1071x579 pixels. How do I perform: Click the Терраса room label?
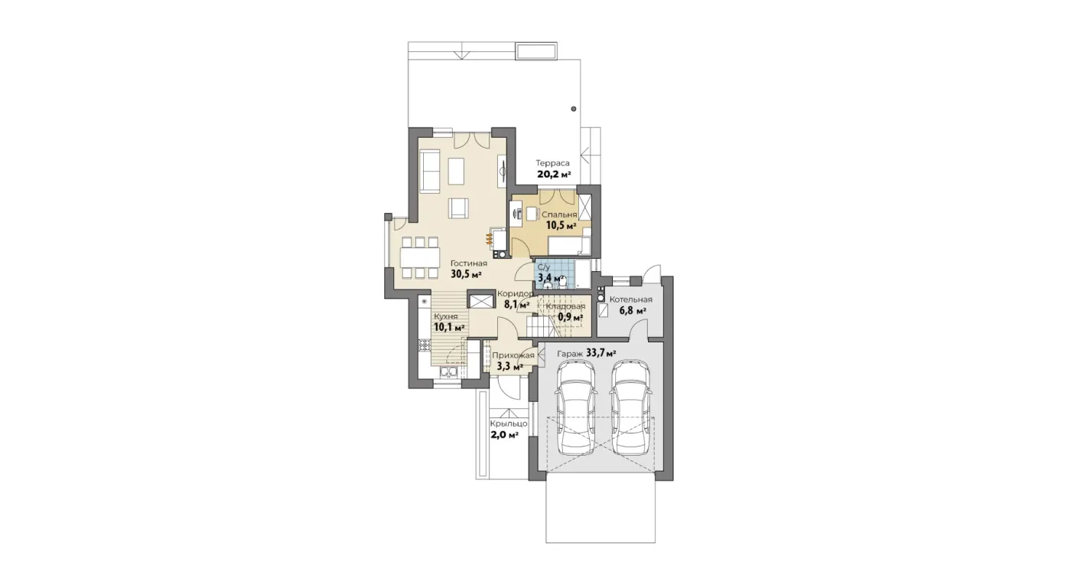click(552, 163)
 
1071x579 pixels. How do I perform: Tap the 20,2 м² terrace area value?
click(554, 174)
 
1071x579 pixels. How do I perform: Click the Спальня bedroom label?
click(559, 215)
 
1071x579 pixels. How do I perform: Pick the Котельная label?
click(630, 299)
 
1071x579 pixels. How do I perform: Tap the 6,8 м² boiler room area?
click(633, 311)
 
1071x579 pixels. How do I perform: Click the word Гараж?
click(570, 354)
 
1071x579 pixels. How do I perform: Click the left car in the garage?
click(576, 407)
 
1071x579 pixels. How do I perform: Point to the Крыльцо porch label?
click(509, 424)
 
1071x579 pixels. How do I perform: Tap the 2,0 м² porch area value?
click(504, 435)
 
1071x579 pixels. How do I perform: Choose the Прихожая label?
click(513, 355)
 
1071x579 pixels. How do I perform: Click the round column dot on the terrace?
click(573, 109)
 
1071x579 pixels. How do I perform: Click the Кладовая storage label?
click(565, 306)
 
